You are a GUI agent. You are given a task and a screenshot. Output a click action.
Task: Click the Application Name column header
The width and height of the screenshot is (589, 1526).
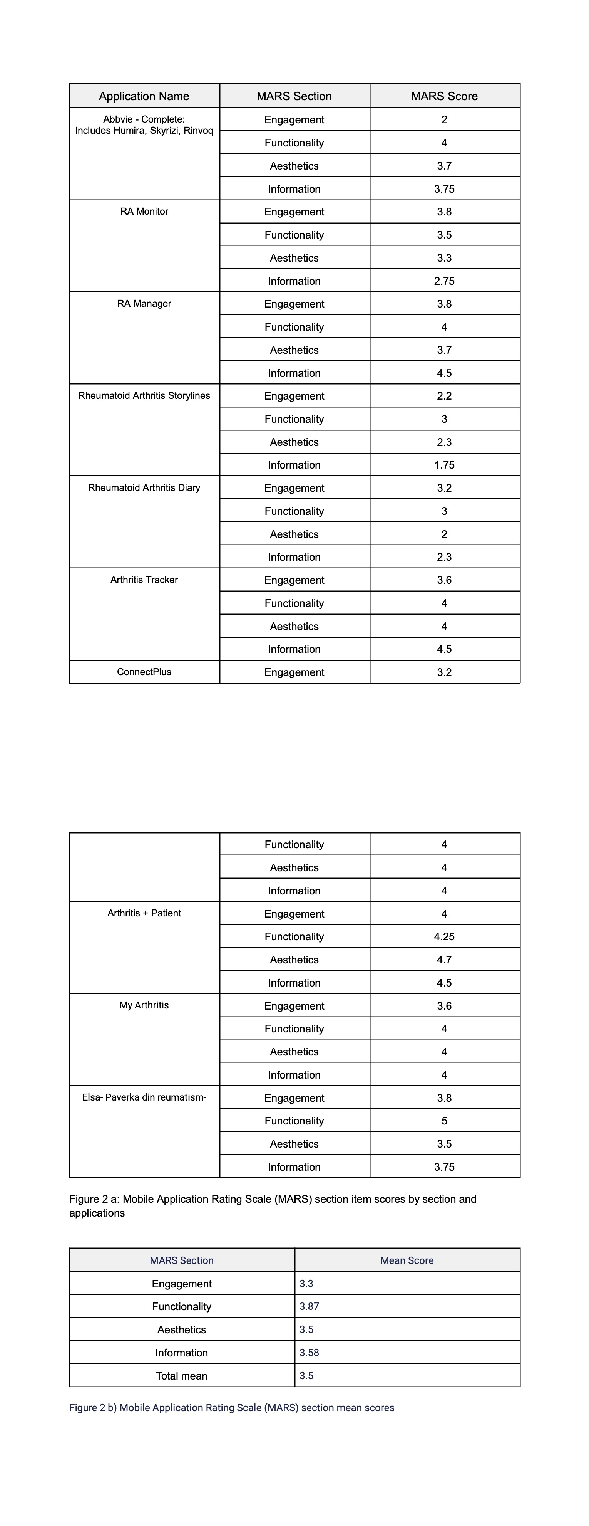click(x=144, y=96)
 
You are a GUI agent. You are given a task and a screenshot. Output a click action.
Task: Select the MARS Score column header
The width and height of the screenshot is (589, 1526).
click(x=444, y=96)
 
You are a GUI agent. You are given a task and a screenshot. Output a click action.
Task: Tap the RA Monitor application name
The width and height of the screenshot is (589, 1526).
click(x=144, y=212)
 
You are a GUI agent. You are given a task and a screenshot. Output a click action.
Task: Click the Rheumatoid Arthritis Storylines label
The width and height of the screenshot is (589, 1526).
click(x=144, y=396)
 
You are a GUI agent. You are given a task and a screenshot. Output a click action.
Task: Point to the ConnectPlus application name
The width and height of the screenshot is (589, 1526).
click(x=144, y=672)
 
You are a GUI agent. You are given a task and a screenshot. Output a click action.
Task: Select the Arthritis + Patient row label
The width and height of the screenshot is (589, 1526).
click(x=144, y=913)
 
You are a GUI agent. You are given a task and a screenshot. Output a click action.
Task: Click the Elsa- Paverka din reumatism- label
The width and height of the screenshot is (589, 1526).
click(x=144, y=1097)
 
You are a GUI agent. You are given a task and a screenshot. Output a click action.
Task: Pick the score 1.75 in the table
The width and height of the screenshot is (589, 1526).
click(x=444, y=465)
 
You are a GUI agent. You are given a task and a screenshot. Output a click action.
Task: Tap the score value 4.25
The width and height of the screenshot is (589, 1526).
click(x=444, y=936)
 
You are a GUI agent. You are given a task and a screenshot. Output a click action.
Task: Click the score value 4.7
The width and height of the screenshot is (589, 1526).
click(x=444, y=960)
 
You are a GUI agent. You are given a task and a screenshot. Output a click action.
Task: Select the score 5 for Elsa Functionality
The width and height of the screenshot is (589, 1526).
click(x=444, y=1121)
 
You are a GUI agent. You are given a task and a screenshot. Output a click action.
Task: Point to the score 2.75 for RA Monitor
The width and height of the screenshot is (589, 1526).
click(x=444, y=281)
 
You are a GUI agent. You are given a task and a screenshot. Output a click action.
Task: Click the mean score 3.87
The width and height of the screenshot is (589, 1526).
click(x=309, y=1306)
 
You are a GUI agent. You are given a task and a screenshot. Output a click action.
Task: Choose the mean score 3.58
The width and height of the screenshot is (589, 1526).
click(x=309, y=1353)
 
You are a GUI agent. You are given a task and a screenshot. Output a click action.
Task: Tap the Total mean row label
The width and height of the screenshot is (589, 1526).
click(x=181, y=1376)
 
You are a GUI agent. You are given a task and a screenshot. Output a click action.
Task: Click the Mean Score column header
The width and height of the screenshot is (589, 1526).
click(x=407, y=1260)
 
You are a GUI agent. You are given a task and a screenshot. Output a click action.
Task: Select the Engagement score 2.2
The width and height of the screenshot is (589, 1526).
click(x=444, y=396)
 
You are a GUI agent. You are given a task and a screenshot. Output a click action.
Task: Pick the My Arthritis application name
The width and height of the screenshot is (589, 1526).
click(x=144, y=1005)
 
